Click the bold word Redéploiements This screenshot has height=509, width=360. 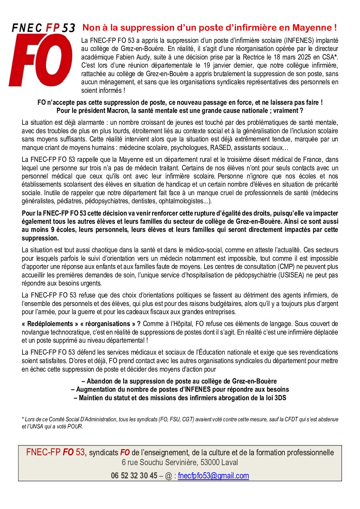(50, 324)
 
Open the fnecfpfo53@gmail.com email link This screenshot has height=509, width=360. (213, 476)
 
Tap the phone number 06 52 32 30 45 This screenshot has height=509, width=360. (134, 476)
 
